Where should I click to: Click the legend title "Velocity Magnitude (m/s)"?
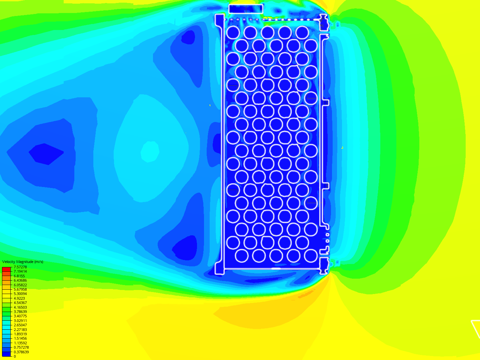coord(23,262)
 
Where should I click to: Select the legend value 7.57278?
coord(20,267)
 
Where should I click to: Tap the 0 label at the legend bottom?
coord(15,356)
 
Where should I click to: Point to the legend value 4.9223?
coord(19,298)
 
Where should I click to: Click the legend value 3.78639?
coord(20,312)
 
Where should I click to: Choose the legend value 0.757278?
coord(21,347)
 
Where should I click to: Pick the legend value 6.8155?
coord(19,276)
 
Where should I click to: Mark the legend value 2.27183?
coord(20,330)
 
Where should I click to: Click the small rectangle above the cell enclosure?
coord(246,9)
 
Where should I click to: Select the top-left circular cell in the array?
coord(233,33)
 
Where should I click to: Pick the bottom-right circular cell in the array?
coord(311,256)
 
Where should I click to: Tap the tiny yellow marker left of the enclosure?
coord(210,105)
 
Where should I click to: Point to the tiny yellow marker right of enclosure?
coord(342,147)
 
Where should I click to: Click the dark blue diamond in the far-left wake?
coord(46,154)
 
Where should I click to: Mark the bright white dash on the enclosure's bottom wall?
coord(276,268)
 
